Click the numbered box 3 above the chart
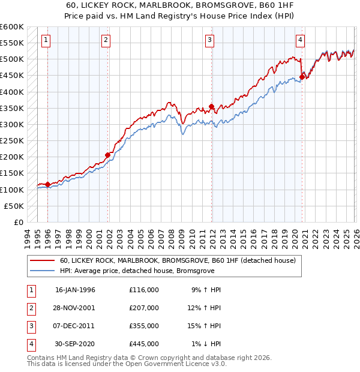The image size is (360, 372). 210,40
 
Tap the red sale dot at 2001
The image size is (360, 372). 108,155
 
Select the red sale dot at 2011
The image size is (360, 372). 212,107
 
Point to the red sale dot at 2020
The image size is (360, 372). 302,76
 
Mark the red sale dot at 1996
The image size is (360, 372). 47,184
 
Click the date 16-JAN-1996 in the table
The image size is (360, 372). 75,290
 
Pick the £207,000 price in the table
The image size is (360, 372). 143,308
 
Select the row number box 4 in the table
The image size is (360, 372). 30,344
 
